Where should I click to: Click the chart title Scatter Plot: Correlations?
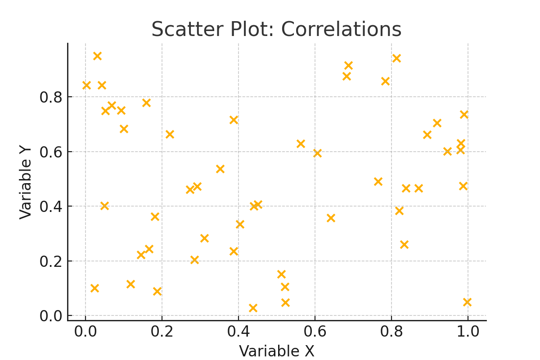pyautogui.click(x=276, y=30)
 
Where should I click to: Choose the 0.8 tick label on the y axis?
pyautogui.click(x=50, y=97)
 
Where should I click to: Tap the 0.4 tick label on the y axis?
pyautogui.click(x=50, y=207)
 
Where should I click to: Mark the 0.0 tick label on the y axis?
pyautogui.click(x=50, y=316)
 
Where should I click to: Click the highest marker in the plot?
pyautogui.click(x=97, y=56)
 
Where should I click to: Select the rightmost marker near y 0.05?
pyautogui.click(x=467, y=302)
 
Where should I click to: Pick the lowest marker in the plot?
pyautogui.click(x=253, y=308)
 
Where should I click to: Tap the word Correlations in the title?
pyautogui.click(x=341, y=30)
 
